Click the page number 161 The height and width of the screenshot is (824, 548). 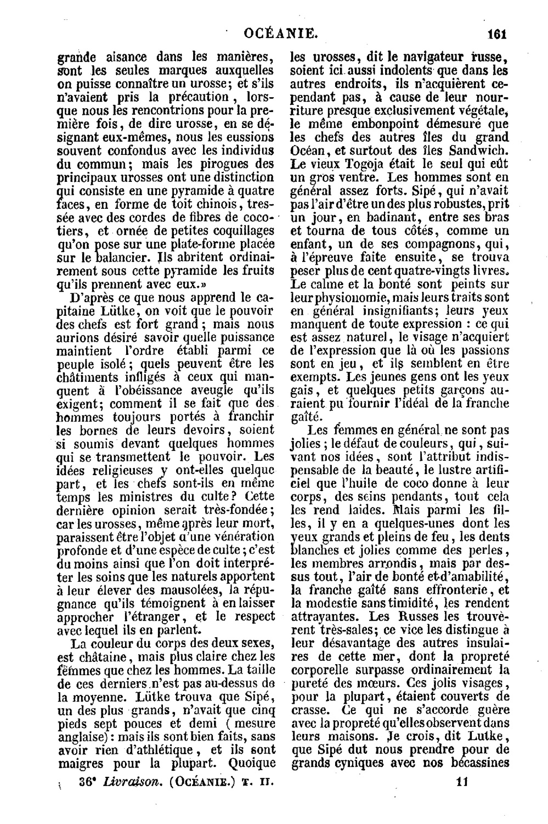(x=495, y=34)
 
